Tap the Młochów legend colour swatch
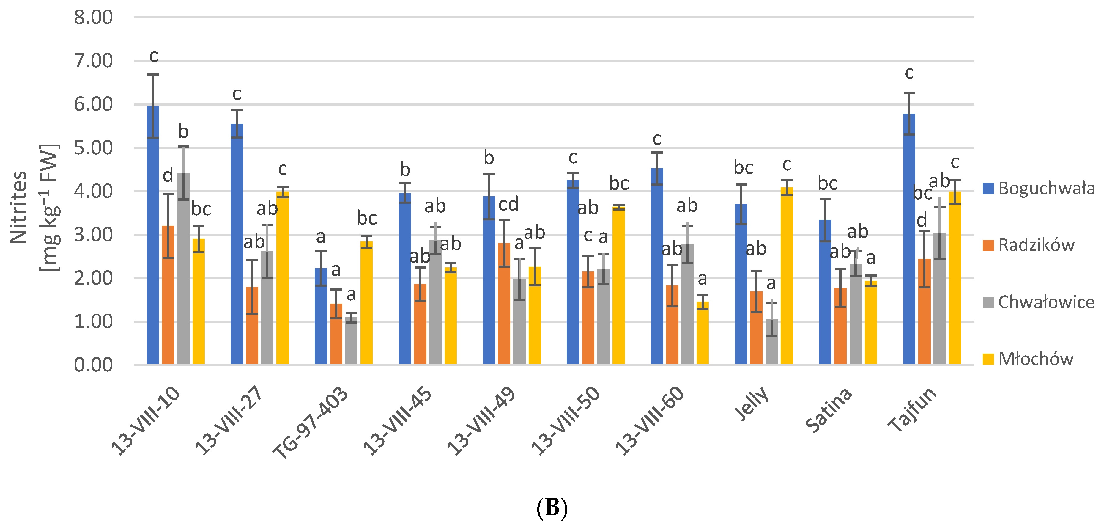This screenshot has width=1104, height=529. [988, 359]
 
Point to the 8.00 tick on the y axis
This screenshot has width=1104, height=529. [93, 18]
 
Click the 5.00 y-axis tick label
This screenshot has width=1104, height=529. [93, 148]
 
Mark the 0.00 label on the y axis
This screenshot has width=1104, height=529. [93, 365]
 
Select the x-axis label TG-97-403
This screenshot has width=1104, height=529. [310, 422]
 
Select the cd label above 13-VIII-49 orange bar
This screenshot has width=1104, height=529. [508, 204]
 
